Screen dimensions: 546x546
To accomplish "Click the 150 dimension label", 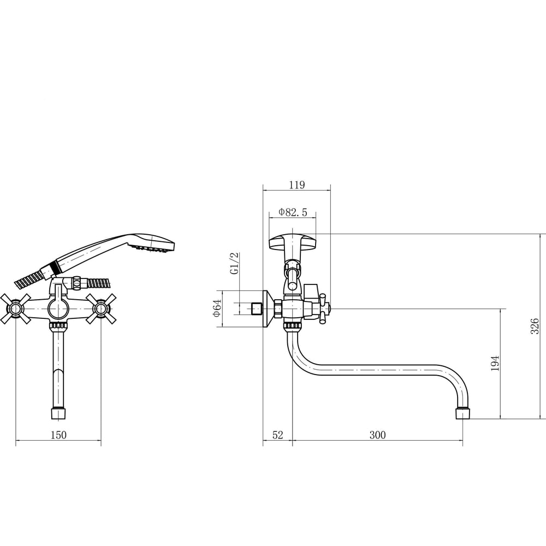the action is pos(58,435).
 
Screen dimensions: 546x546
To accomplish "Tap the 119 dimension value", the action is pos(297,185).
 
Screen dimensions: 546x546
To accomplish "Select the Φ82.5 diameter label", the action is pos(293,212).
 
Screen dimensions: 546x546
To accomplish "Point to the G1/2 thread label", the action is pos(235,263).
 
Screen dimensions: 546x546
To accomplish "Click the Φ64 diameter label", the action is pos(217,308).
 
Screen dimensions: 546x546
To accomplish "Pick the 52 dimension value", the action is pos(277,435).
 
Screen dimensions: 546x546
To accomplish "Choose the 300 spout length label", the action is pos(377,435).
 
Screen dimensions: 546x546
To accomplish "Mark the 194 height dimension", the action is pos(495,363).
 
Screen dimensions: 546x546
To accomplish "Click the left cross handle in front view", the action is pos(16,308).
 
